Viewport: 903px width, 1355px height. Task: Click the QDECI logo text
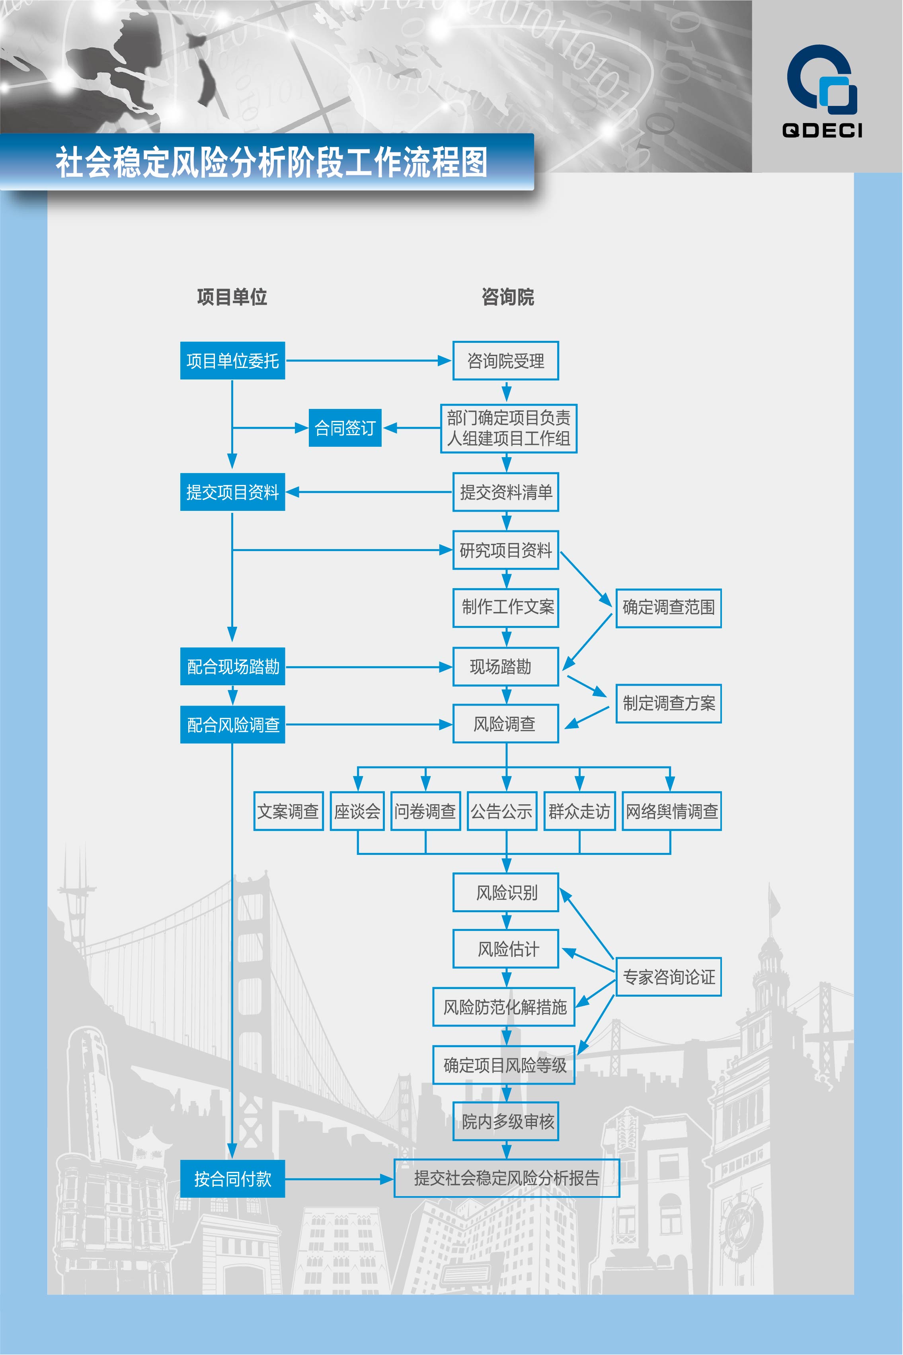[822, 130]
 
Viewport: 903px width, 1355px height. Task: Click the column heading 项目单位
[232, 297]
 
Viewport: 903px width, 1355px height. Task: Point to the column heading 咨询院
[508, 297]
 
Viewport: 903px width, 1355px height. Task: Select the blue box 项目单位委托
[233, 361]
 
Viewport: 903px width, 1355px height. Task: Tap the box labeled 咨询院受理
[506, 361]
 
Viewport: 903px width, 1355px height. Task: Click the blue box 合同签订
[345, 428]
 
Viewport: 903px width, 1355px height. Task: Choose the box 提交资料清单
[506, 492]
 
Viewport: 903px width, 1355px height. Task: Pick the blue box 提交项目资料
[233, 492]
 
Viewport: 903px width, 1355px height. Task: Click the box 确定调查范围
[669, 608]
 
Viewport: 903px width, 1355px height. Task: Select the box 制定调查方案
[669, 704]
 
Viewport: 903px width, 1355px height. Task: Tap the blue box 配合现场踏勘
[233, 667]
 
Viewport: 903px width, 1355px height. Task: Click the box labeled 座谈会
[357, 811]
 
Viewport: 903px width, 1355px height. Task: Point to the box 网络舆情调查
[671, 811]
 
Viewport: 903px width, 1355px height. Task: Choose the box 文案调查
[288, 811]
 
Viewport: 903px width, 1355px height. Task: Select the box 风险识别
[506, 892]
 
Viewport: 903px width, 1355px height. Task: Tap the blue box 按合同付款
[233, 1179]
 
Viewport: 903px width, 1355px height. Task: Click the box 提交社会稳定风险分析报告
[507, 1178]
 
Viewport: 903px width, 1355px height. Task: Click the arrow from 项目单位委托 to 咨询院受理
[369, 361]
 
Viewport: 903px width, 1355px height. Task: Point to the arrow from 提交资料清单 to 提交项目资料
[369, 492]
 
